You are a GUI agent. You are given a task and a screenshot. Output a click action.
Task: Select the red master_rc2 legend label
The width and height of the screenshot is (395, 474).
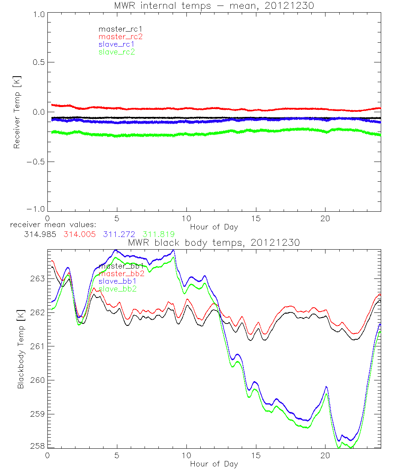(120, 37)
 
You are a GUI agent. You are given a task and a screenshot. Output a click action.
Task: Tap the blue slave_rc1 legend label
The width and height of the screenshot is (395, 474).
(117, 44)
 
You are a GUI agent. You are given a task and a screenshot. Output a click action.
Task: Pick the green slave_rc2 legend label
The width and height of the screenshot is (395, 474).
(117, 52)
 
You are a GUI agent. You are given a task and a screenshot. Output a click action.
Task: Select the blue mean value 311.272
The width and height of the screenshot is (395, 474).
(120, 234)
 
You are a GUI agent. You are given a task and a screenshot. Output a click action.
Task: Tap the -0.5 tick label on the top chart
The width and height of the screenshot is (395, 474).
(36, 162)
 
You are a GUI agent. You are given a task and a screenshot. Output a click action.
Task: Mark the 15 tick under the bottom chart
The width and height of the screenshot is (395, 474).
(256, 455)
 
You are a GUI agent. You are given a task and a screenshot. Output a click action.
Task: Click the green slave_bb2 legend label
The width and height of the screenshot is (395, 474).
(118, 289)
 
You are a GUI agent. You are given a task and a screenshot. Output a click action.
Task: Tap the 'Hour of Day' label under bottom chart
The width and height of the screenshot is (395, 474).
(214, 464)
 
